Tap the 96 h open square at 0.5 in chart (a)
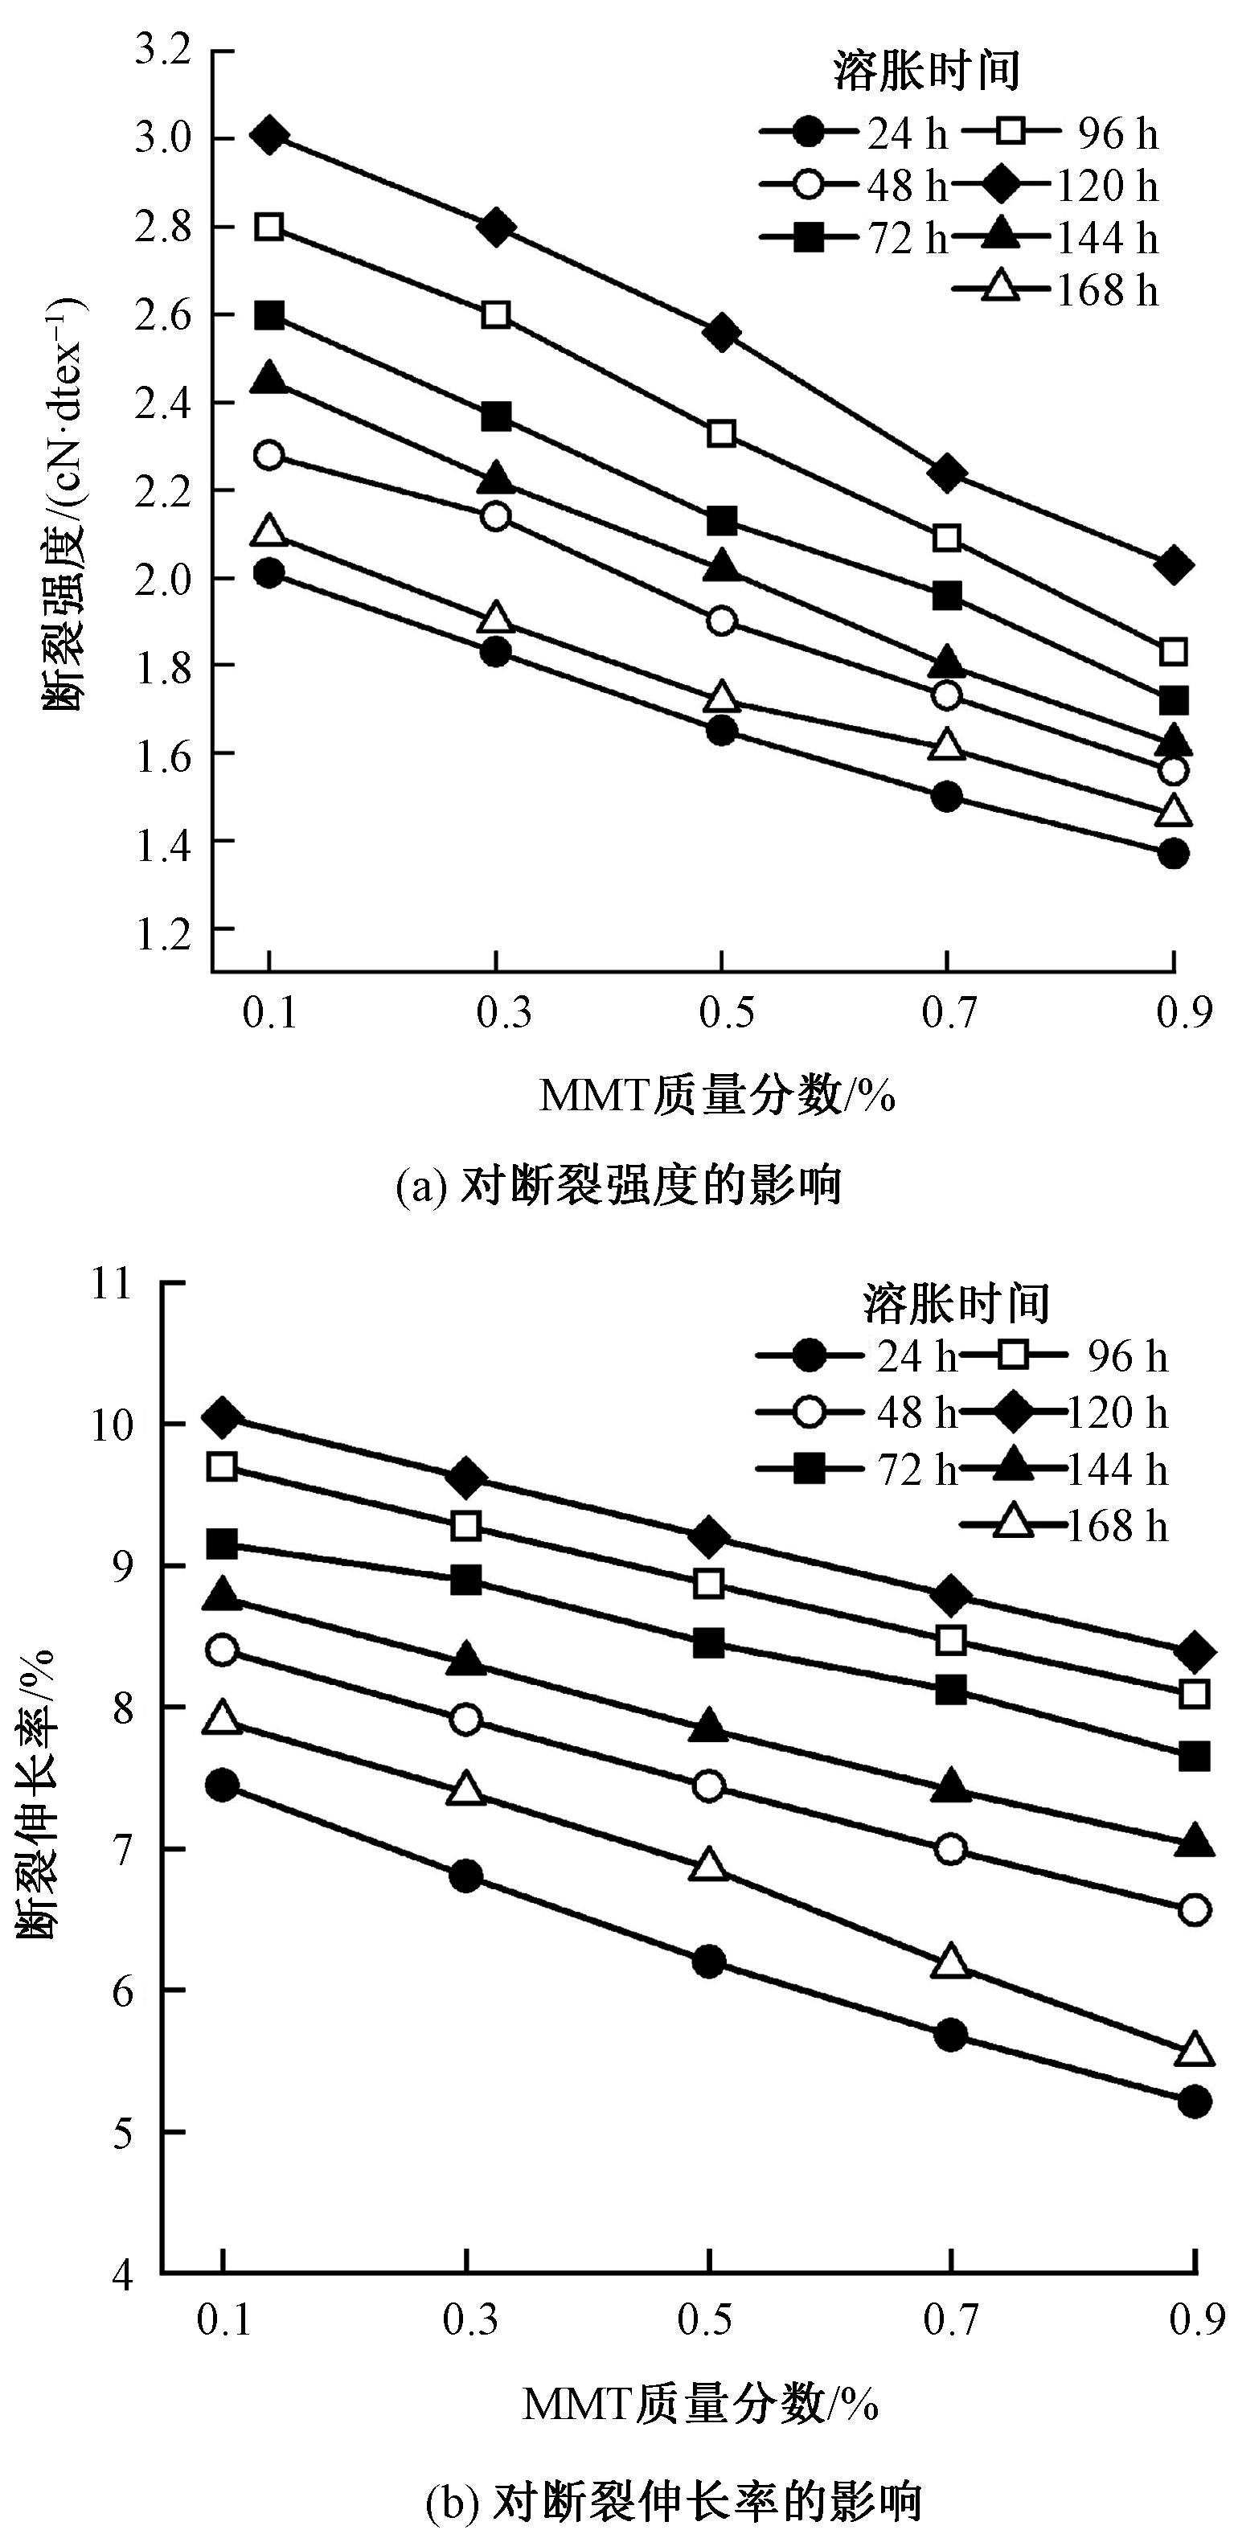722,433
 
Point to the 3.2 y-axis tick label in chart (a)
162,51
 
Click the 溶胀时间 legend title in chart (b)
956,1303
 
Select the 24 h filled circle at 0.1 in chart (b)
224,1785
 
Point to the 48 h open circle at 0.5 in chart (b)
708,1786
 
